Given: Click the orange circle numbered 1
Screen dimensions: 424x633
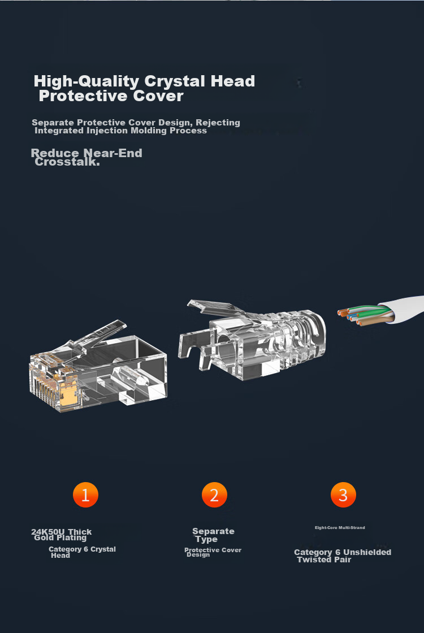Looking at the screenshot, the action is [85, 495].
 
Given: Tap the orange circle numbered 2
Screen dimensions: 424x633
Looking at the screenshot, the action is [214, 495].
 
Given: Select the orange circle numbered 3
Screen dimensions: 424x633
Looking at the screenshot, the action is [343, 495].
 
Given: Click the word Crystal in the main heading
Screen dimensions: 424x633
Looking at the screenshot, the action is [175, 82].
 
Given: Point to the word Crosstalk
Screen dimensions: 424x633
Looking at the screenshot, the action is [67, 162].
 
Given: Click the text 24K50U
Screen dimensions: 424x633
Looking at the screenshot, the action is [48, 531].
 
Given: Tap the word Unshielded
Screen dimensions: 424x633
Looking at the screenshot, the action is [367, 552].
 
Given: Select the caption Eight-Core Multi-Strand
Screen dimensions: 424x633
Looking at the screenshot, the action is [340, 528].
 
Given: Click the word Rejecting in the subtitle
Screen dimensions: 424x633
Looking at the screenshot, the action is [218, 123].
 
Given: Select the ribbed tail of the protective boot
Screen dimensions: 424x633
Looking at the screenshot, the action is [301, 339].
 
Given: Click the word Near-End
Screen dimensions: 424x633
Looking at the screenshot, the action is [113, 153].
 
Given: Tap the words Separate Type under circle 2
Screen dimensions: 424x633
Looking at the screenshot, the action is [213, 535].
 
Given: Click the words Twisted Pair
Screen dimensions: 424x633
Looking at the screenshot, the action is [324, 560].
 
